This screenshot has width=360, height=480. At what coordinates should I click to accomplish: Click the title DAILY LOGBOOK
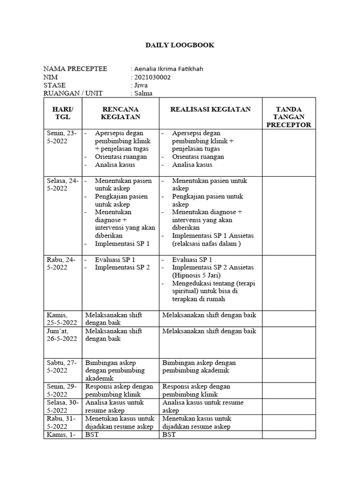pyautogui.click(x=180, y=45)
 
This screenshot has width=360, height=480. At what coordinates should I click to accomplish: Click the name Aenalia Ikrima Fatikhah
pyautogui.click(x=169, y=69)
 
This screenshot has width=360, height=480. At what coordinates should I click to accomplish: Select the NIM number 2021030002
pyautogui.click(x=153, y=77)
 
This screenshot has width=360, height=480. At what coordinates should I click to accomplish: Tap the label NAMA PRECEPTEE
pyautogui.click(x=75, y=69)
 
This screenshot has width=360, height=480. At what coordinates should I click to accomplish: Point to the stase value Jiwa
pyautogui.click(x=141, y=85)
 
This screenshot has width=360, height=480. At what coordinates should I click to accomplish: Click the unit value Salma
pyautogui.click(x=143, y=93)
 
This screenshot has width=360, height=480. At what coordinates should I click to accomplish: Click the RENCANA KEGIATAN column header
pyautogui.click(x=120, y=113)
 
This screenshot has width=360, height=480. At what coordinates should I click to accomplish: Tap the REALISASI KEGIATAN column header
pyautogui.click(x=210, y=109)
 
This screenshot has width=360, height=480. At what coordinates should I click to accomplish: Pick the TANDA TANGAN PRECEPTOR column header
pyautogui.click(x=288, y=117)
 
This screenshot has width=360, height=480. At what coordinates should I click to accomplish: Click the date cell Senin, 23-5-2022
pyautogui.click(x=62, y=137)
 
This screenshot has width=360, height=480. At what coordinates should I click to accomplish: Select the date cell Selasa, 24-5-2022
pyautogui.click(x=62, y=184)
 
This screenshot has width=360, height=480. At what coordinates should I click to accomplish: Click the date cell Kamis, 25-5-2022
pyautogui.click(x=62, y=319)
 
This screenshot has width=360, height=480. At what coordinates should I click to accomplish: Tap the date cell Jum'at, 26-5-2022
pyautogui.click(x=62, y=335)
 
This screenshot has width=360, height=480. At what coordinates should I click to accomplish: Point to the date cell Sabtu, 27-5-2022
pyautogui.click(x=62, y=367)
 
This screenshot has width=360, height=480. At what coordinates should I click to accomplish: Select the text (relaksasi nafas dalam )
pyautogui.click(x=206, y=244)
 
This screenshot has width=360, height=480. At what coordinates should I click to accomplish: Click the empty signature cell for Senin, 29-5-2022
pyautogui.click(x=288, y=390)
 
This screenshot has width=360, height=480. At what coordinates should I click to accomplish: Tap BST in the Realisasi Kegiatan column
pyautogui.click(x=169, y=435)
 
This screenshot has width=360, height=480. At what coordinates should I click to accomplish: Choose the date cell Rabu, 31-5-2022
pyautogui.click(x=62, y=422)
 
